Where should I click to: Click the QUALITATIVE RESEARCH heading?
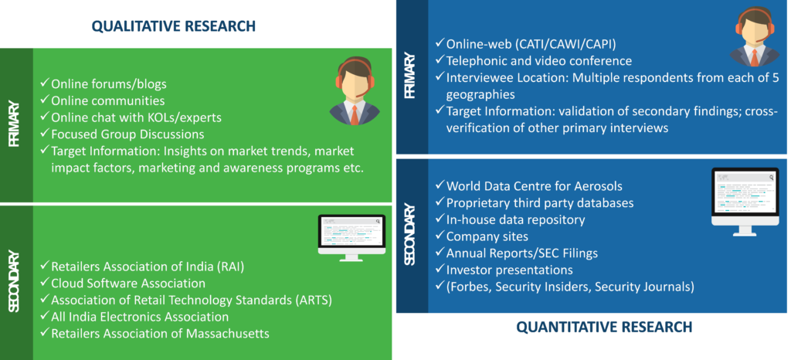click(x=174, y=25)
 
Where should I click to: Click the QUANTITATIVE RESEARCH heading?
click(x=604, y=328)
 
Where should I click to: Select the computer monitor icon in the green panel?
click(x=351, y=237)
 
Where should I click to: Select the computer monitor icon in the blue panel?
click(x=745, y=201)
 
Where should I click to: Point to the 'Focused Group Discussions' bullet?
click(x=123, y=134)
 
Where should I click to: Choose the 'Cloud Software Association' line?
click(x=123, y=284)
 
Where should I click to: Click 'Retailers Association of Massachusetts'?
click(x=155, y=333)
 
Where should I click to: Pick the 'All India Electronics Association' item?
click(x=135, y=317)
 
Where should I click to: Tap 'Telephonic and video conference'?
click(x=535, y=61)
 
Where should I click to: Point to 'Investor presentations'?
click(x=504, y=270)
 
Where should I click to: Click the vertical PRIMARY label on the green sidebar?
click(x=14, y=125)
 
